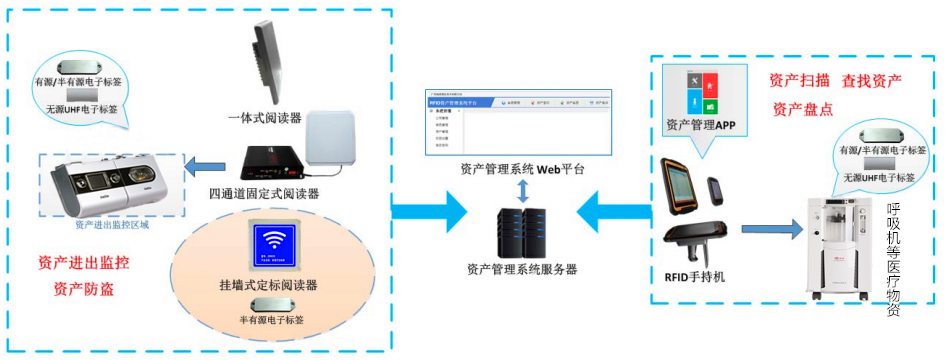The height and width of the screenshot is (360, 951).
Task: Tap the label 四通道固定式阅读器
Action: tap(263, 192)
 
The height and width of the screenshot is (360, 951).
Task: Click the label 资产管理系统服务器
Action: tap(522, 269)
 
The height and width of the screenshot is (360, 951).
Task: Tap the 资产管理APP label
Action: tap(700, 125)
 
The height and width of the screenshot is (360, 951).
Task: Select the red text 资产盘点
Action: tap(801, 109)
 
